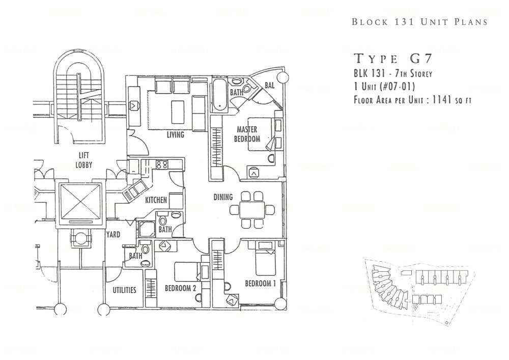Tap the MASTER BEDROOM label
coord(247,134)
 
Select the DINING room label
coord(222,197)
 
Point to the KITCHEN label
coord(156,201)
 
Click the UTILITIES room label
coord(124,290)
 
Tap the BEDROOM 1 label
coord(260,283)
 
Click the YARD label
coord(112,235)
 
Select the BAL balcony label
coord(269,86)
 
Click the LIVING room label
coord(175,135)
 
